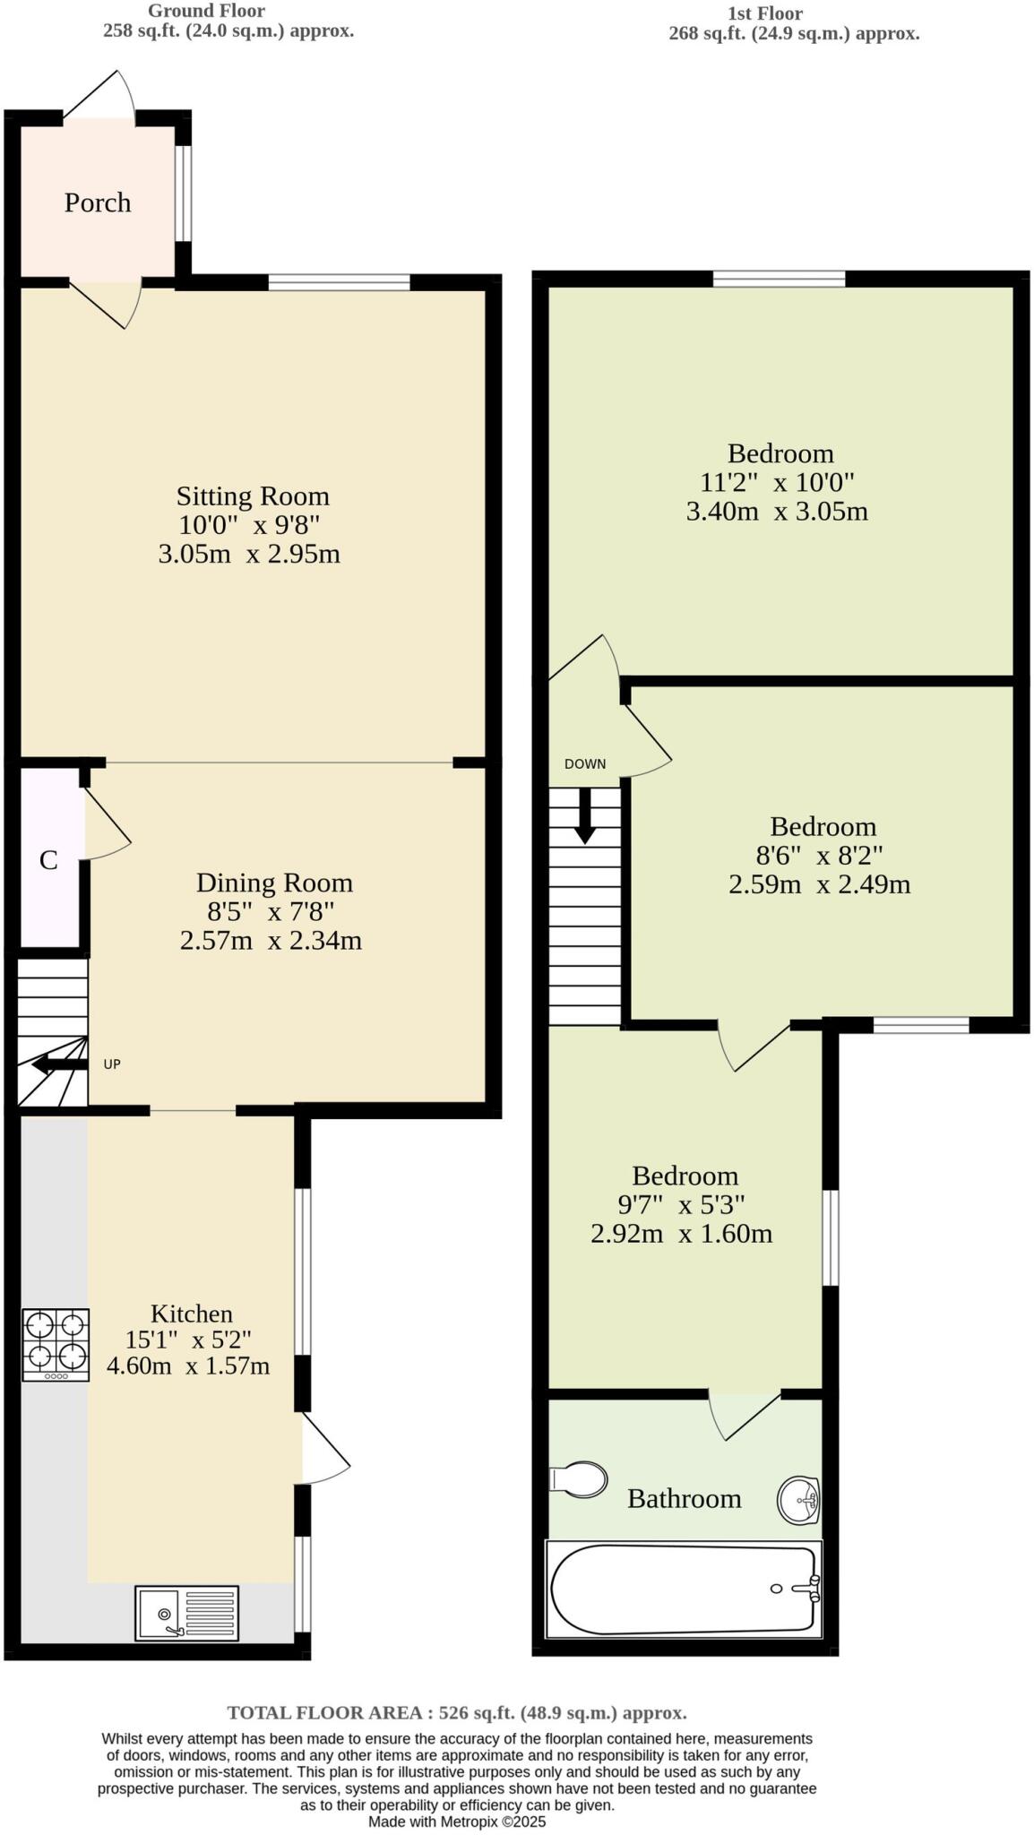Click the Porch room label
tap(98, 202)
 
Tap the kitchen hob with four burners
tap(56, 1344)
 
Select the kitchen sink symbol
tap(186, 1613)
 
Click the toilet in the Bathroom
tap(578, 1479)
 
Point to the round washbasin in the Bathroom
tap(797, 1499)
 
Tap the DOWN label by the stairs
tap(585, 764)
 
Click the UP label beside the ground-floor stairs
tap(112, 1064)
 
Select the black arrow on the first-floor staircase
tap(584, 817)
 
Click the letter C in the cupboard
tap(48, 860)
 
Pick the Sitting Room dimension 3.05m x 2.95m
tap(249, 554)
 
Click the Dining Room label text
tap(274, 883)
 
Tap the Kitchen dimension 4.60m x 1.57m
tap(188, 1365)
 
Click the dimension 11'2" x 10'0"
tap(777, 482)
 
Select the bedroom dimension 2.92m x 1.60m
tap(681, 1234)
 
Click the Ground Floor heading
tap(206, 11)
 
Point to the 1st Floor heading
tap(764, 13)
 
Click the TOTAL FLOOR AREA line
tap(457, 1712)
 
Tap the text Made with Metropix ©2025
tap(457, 1822)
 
